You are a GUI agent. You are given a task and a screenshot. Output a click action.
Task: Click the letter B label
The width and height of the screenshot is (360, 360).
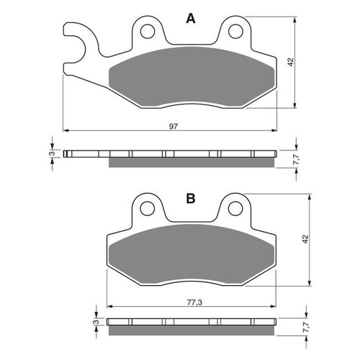pos(190,197)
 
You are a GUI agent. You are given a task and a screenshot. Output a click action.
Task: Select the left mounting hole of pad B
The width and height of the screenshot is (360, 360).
pos(149,210)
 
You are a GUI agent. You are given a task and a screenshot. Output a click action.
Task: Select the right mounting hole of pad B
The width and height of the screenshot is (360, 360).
pos(233,210)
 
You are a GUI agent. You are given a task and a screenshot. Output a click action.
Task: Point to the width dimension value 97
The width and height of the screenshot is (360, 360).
pos(174,125)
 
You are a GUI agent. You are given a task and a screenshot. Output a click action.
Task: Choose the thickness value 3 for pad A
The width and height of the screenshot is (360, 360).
pos(51,153)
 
